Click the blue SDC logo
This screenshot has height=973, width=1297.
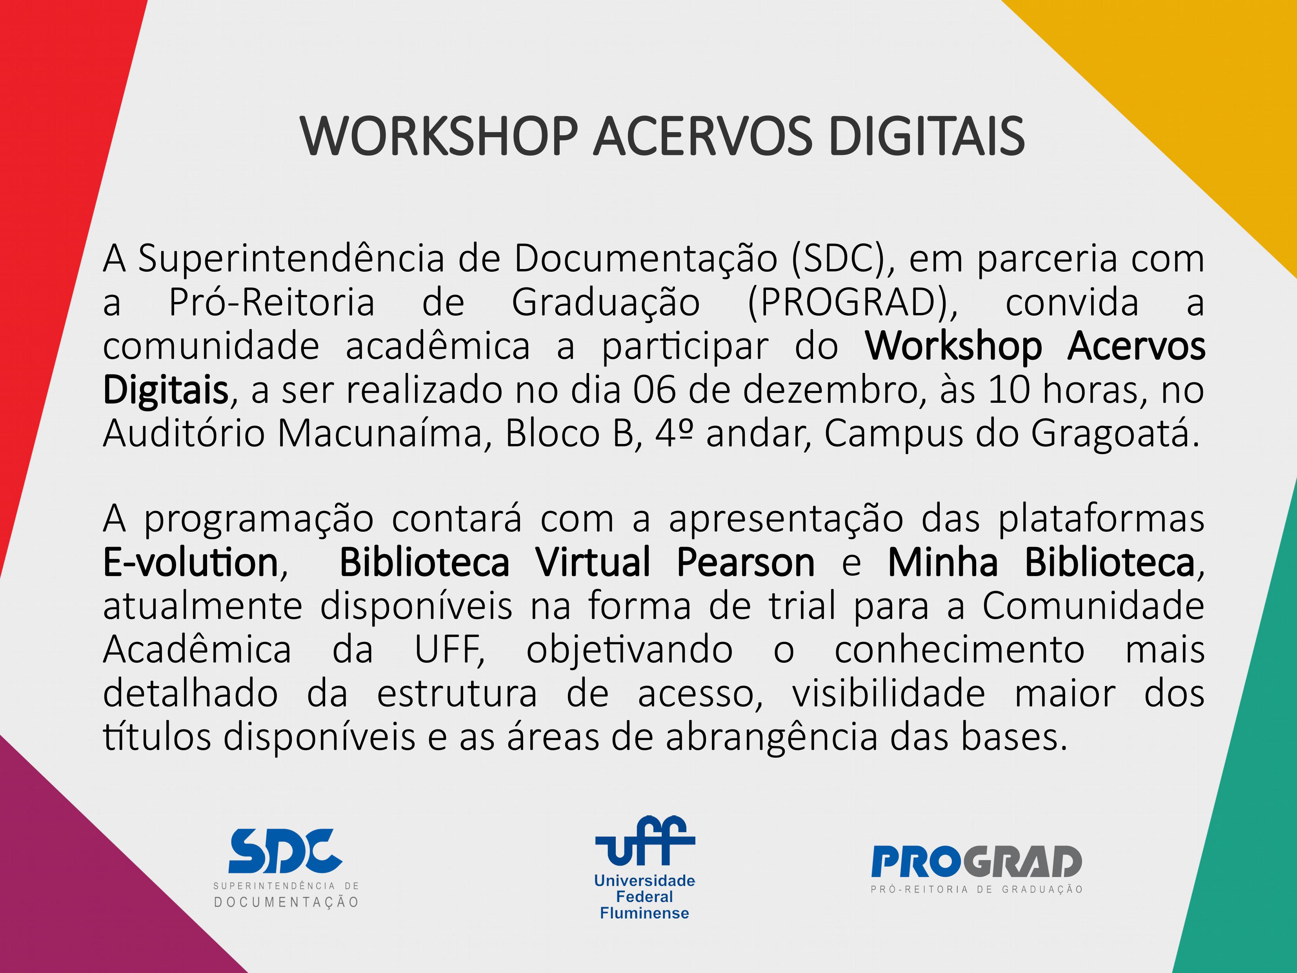coord(285,851)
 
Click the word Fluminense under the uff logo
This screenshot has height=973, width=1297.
coord(644,913)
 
